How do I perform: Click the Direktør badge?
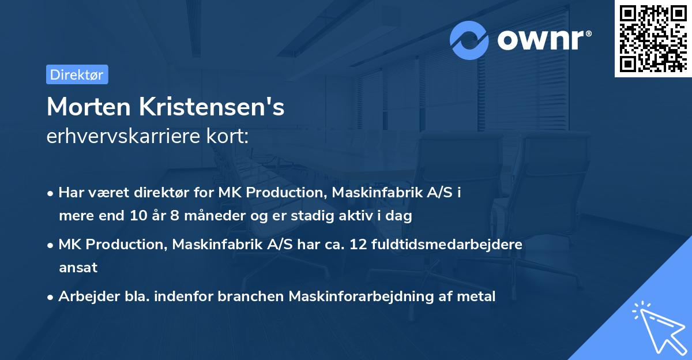click(x=77, y=74)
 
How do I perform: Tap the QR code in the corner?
click(x=652, y=38)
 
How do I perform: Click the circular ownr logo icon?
click(x=469, y=40)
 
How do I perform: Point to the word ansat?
click(x=78, y=267)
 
